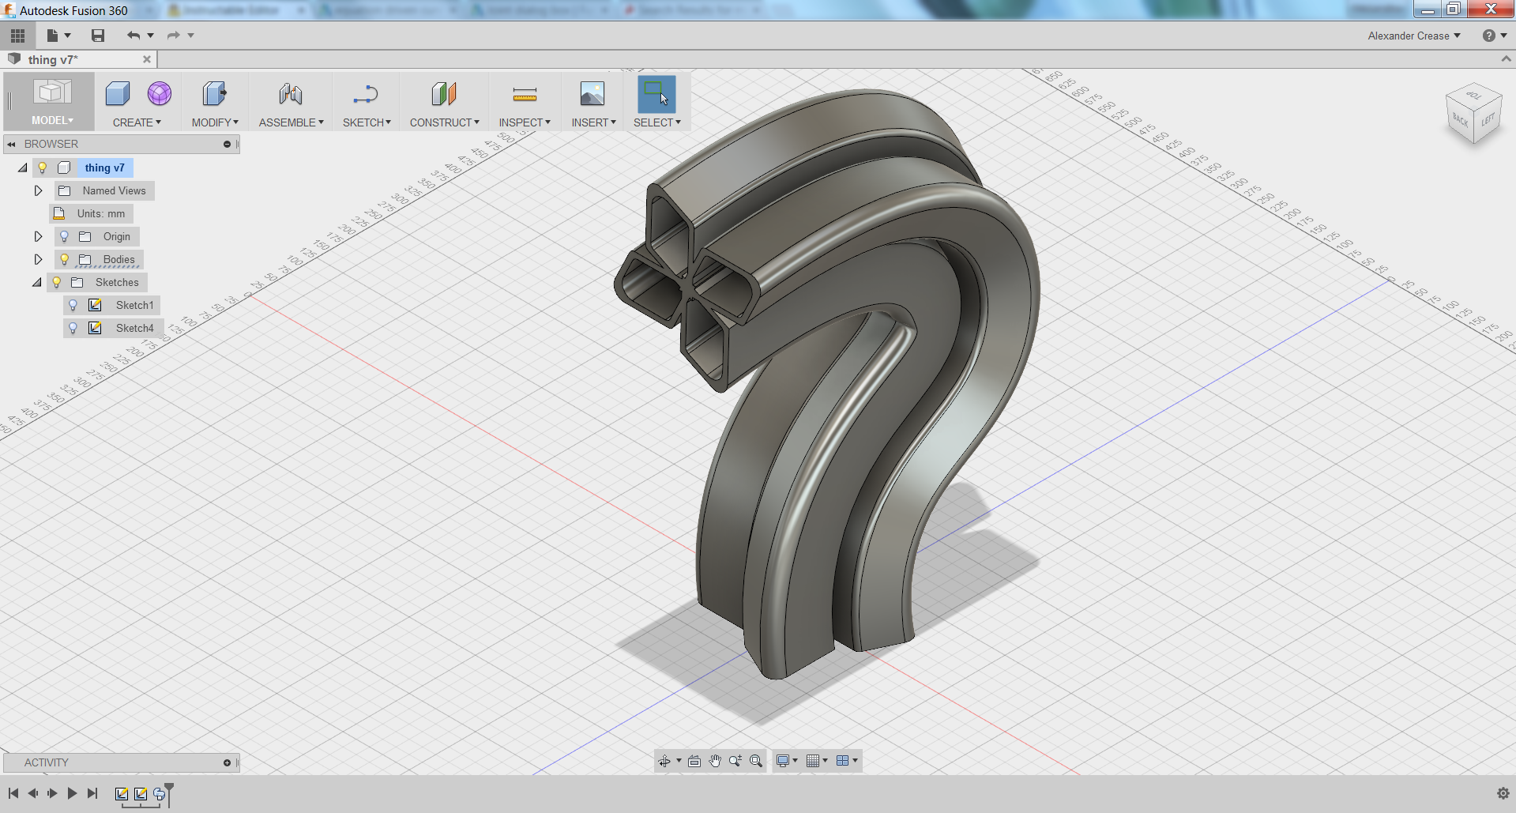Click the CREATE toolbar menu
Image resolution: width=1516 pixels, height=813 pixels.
click(x=136, y=122)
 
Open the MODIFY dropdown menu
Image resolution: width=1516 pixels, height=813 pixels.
click(x=214, y=122)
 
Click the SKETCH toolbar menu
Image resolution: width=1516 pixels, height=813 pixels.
click(x=366, y=122)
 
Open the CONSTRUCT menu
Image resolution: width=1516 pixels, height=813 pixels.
click(x=444, y=122)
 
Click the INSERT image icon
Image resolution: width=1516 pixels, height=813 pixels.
click(x=592, y=94)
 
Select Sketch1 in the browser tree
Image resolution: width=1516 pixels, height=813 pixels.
click(x=134, y=305)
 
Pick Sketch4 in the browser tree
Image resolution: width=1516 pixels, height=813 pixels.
click(x=134, y=328)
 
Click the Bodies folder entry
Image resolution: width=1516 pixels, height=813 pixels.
click(x=118, y=259)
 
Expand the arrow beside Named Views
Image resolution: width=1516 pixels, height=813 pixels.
click(x=38, y=190)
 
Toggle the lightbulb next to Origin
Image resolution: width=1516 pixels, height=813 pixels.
click(x=65, y=236)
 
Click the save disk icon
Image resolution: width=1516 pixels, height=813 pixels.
click(x=98, y=36)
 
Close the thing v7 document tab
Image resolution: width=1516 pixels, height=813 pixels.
click(x=147, y=59)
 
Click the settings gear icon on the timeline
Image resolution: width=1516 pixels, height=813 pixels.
click(x=1503, y=793)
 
